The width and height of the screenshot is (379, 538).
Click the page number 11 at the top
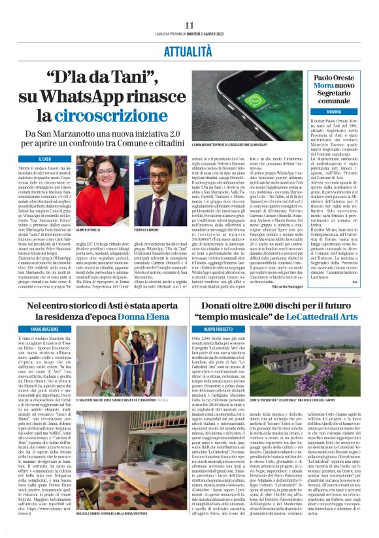coord(189,25)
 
